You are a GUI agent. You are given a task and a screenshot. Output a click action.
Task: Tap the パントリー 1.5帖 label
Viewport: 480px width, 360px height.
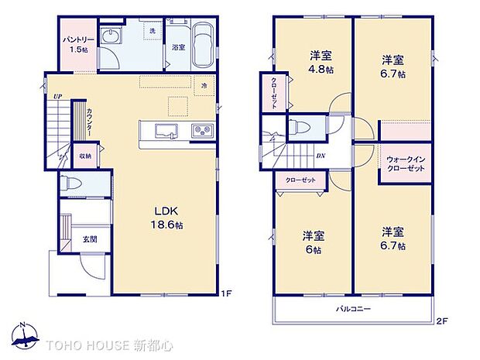(x=74, y=43)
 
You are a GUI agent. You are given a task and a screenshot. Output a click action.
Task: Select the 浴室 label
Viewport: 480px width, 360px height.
(x=178, y=47)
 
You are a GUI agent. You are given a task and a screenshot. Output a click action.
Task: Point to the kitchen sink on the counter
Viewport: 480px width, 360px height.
(x=165, y=129)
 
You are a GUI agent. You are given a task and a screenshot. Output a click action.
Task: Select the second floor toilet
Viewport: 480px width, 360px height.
(x=303, y=128)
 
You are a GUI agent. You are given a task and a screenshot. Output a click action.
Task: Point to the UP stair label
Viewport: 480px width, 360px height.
(x=57, y=97)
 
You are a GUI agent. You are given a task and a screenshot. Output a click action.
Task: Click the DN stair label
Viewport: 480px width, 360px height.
(x=320, y=156)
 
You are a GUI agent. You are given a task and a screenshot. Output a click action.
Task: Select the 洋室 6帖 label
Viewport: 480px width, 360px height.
(x=312, y=240)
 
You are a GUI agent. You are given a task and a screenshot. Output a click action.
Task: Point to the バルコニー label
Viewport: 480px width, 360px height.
(x=353, y=309)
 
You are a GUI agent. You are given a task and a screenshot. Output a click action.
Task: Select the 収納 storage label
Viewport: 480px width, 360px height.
(x=84, y=156)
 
